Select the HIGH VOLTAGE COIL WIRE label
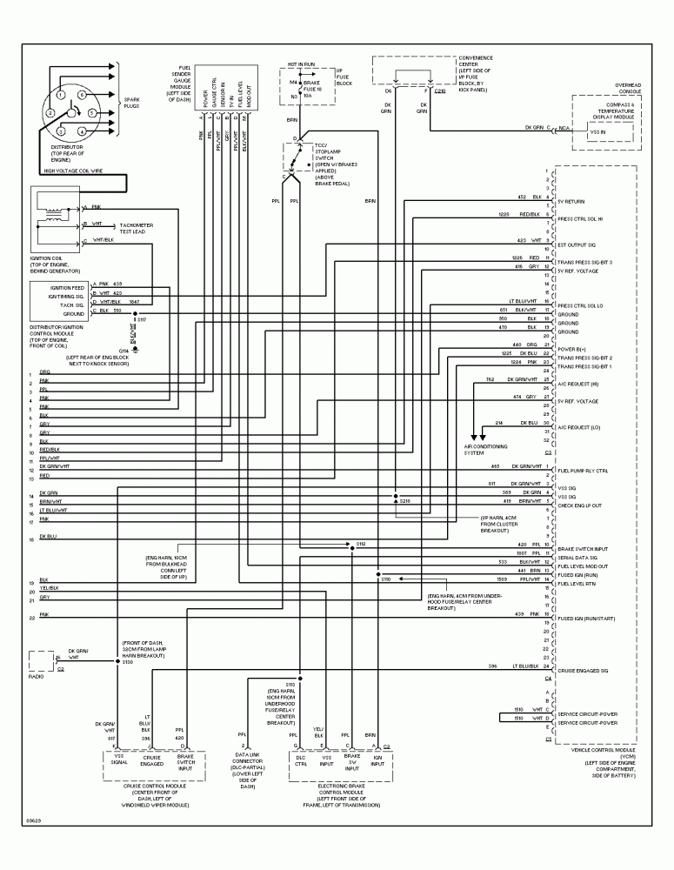click(x=73, y=171)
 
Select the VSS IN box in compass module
click(x=599, y=132)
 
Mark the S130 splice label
click(x=126, y=662)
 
